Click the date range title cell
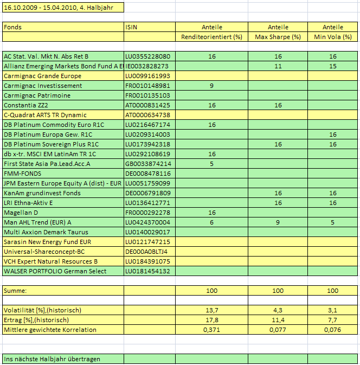(x=62, y=8)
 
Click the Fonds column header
(x=12, y=27)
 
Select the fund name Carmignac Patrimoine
(x=38, y=95)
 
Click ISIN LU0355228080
(x=147, y=56)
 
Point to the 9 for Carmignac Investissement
(x=211, y=86)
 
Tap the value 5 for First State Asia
(x=211, y=164)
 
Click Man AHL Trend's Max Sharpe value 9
(x=278, y=222)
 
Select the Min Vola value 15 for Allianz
(x=332, y=66)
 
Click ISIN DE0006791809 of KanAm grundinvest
(x=147, y=193)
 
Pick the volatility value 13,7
(x=211, y=310)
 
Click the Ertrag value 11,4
(x=278, y=320)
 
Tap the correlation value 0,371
(x=211, y=330)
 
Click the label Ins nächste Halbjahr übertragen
(x=52, y=359)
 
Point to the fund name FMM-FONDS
(x=22, y=174)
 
